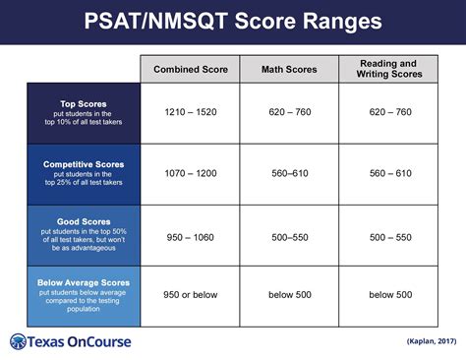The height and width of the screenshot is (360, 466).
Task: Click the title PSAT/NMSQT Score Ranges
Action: (x=232, y=22)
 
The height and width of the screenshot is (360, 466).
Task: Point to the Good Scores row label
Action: (x=84, y=222)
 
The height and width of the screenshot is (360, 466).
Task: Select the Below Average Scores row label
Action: (x=84, y=282)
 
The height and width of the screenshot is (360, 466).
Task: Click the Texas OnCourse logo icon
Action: (x=20, y=341)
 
